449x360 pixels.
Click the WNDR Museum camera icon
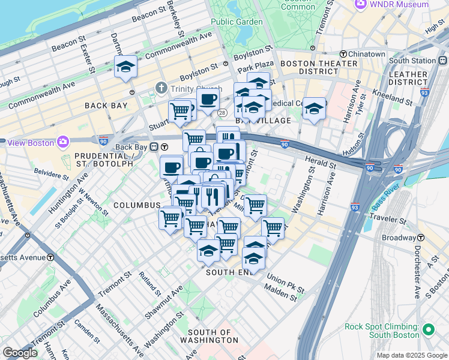pos(361,4)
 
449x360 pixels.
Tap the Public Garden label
pos(237,22)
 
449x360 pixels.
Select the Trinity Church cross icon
pos(160,88)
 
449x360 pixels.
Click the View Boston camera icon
pos(63,142)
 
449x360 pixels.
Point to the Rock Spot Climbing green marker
pos(429,330)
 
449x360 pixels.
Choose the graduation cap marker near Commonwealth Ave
pos(126,67)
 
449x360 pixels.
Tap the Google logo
pos(20,352)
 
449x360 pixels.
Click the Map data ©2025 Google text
pos(411,355)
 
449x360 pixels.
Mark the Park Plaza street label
pos(255,64)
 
